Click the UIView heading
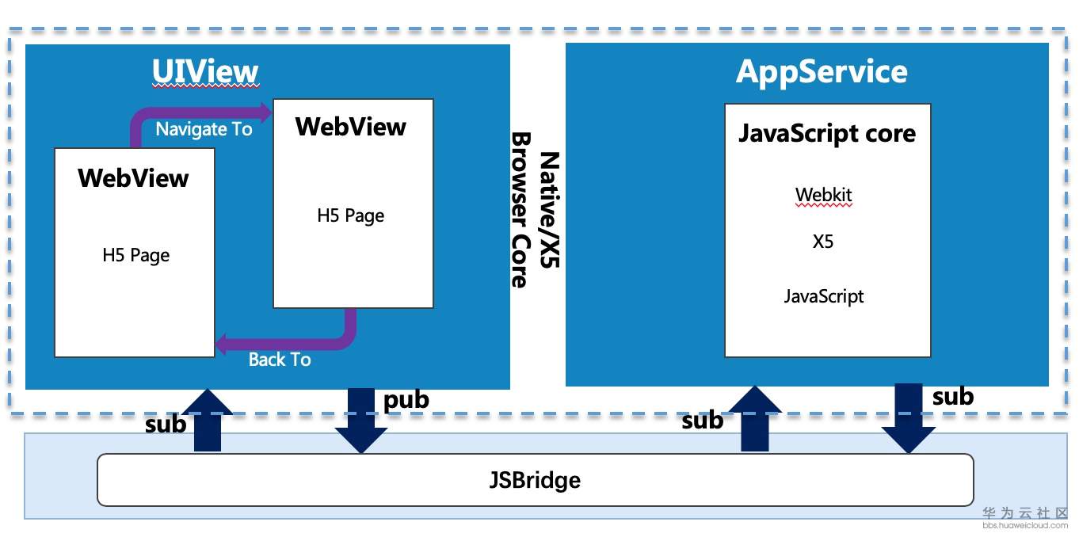pyautogui.click(x=205, y=72)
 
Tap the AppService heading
pyautogui.click(x=822, y=71)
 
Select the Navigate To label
pyautogui.click(x=204, y=129)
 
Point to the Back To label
pyautogui.click(x=279, y=360)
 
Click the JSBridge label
pyautogui.click(x=535, y=480)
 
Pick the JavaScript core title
pyautogui.click(x=827, y=133)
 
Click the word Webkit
pyautogui.click(x=824, y=195)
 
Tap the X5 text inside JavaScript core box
pyautogui.click(x=823, y=242)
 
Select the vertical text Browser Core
pyautogui.click(x=520, y=210)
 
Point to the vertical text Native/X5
pyautogui.click(x=549, y=210)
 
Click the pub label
pyautogui.click(x=406, y=401)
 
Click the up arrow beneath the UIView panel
pyautogui.click(x=207, y=421)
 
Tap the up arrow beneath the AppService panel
pyautogui.click(x=755, y=419)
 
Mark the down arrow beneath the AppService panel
pyautogui.click(x=909, y=418)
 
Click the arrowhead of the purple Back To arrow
pyautogui.click(x=223, y=345)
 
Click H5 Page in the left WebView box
pyautogui.click(x=136, y=255)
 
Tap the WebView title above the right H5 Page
pyautogui.click(x=350, y=127)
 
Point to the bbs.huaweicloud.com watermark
pyautogui.click(x=1025, y=525)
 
